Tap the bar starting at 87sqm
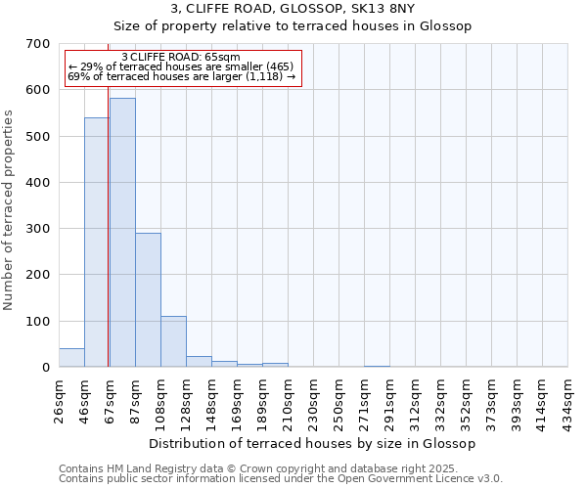pyautogui.click(x=148, y=299)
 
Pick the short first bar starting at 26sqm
pyautogui.click(x=71, y=358)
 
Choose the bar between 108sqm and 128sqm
pyautogui.click(x=173, y=341)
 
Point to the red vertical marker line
pyautogui.click(x=108, y=215)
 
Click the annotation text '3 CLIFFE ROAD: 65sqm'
pyautogui.click(x=181, y=58)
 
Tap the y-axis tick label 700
pyautogui.click(x=38, y=44)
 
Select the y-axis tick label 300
pyautogui.click(x=38, y=229)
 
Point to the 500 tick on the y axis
pyautogui.click(x=38, y=137)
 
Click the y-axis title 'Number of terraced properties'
pyautogui.click(x=10, y=210)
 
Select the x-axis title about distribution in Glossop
pyautogui.click(x=313, y=443)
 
